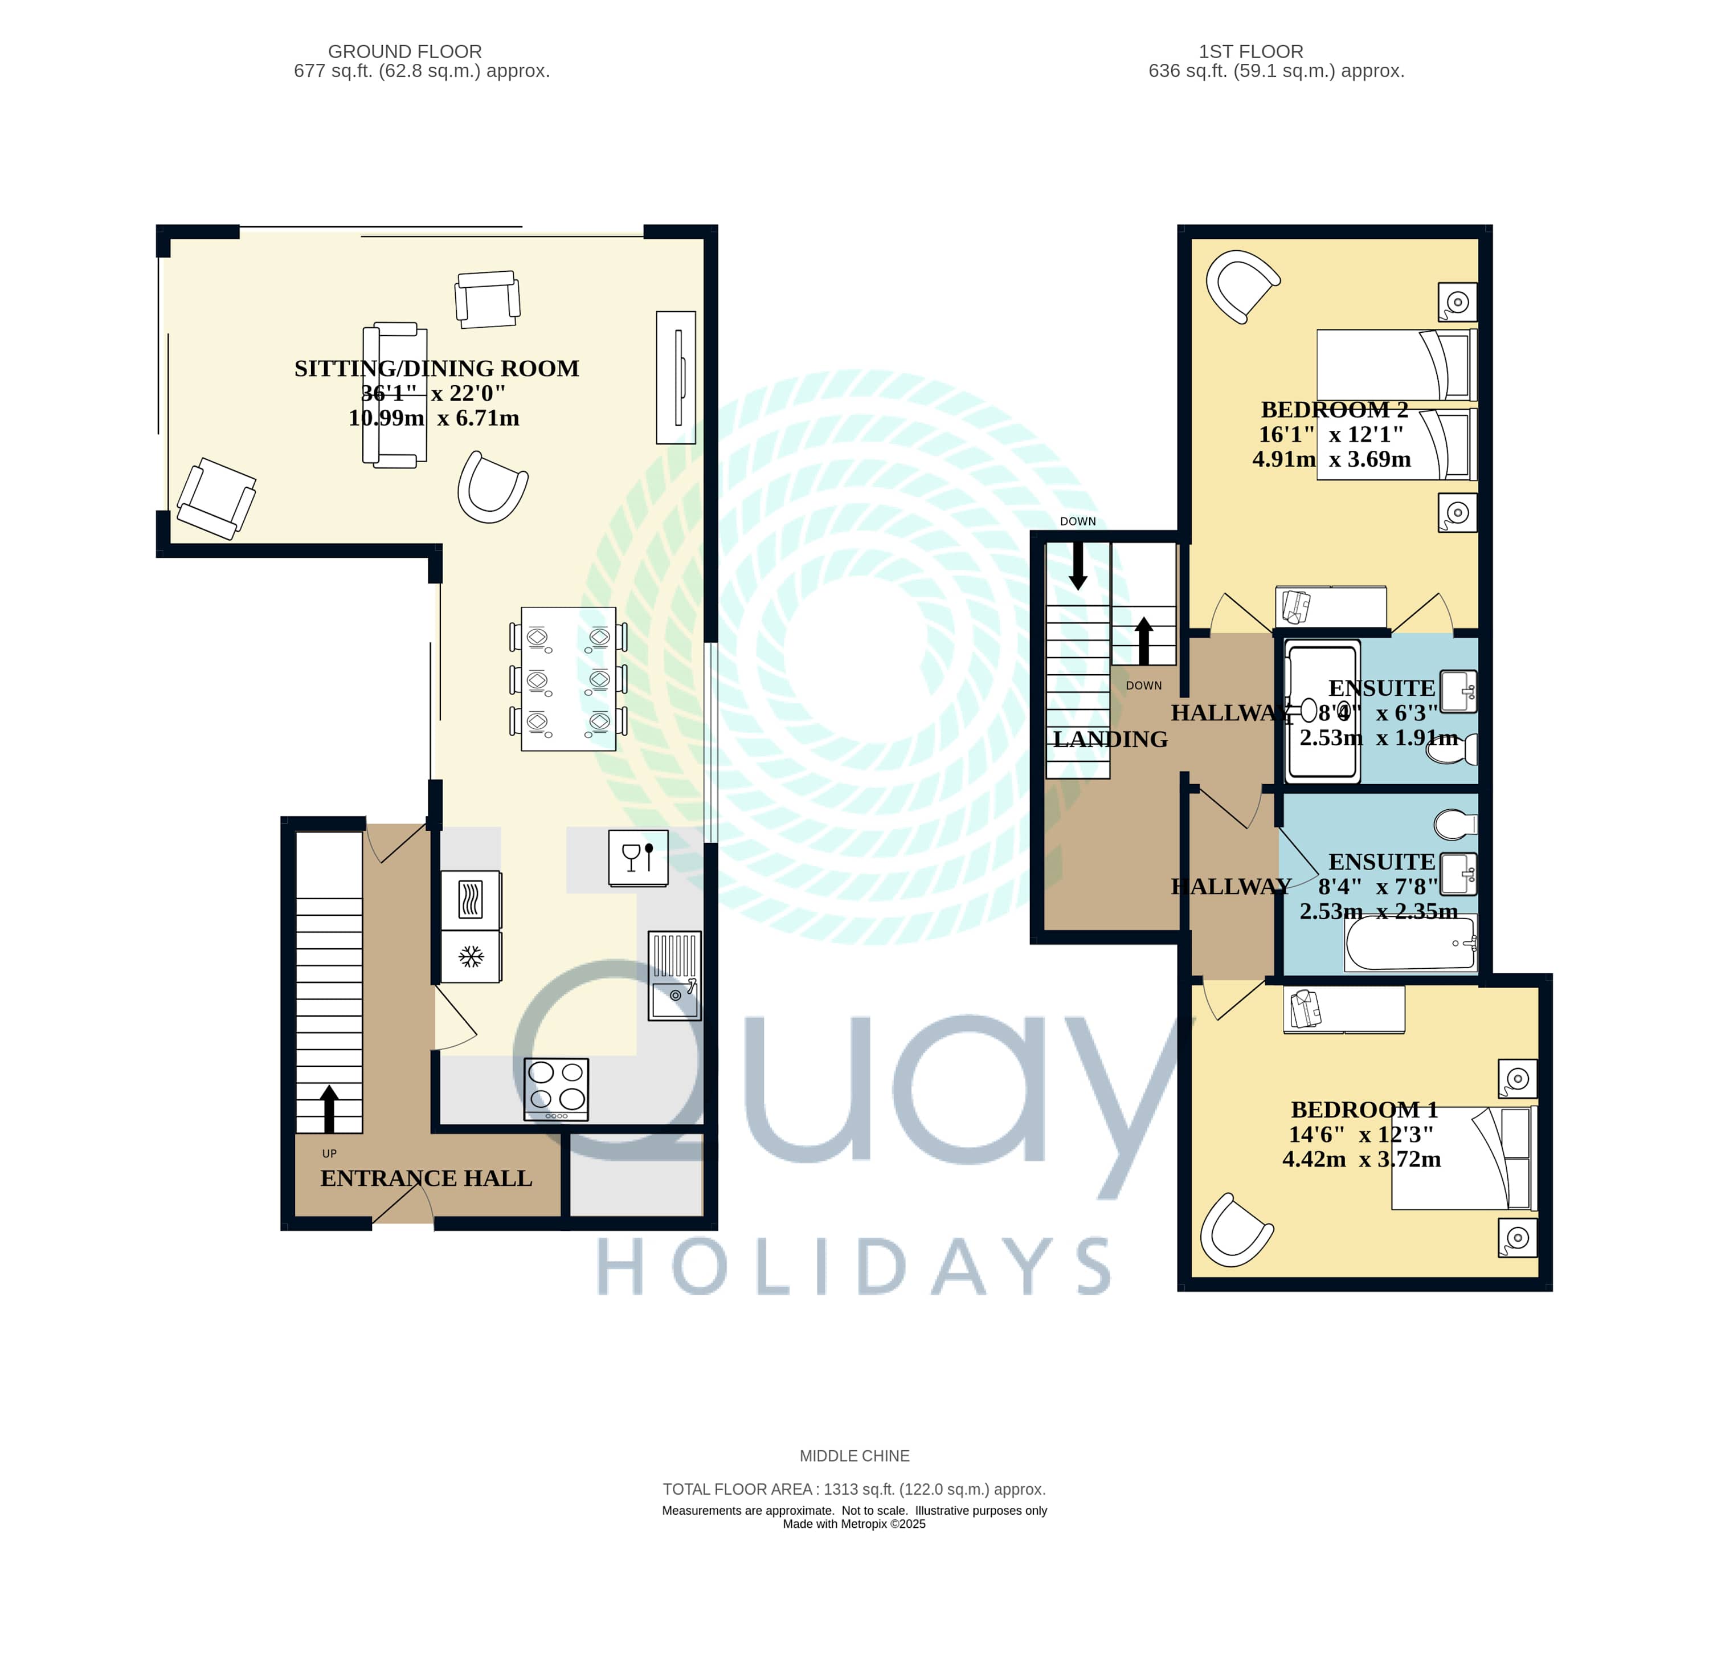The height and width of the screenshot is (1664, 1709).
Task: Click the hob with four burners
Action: pyautogui.click(x=555, y=1089)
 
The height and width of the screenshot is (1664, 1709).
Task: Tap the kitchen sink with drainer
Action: pyautogui.click(x=674, y=976)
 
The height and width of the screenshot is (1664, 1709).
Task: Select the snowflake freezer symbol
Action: pyautogui.click(x=471, y=957)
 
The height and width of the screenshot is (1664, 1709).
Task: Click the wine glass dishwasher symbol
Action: pyautogui.click(x=638, y=858)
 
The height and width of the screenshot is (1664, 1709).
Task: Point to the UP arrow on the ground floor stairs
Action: pyautogui.click(x=329, y=1109)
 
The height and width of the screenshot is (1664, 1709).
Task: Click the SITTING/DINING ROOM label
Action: pyautogui.click(x=436, y=369)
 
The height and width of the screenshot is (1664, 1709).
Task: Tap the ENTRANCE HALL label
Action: pyautogui.click(x=426, y=1178)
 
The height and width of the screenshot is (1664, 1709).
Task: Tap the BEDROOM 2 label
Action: pyautogui.click(x=1334, y=410)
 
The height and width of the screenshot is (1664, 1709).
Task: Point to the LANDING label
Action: pyautogui.click(x=1110, y=739)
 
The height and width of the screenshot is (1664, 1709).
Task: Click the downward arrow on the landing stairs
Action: pyautogui.click(x=1078, y=565)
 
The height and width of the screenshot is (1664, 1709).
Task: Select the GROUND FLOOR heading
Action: pyautogui.click(x=404, y=51)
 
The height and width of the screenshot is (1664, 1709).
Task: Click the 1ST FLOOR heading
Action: pyautogui.click(x=1251, y=51)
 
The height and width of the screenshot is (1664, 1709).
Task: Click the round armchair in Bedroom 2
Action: pyautogui.click(x=1241, y=286)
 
